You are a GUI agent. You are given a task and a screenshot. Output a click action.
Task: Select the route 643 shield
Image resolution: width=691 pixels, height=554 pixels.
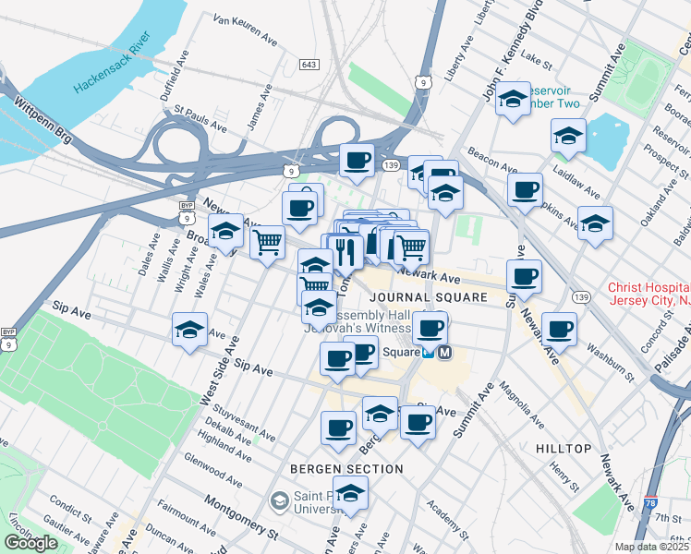[309, 65]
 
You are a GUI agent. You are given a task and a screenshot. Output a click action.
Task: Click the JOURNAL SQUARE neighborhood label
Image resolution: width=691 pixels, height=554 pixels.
[428, 297]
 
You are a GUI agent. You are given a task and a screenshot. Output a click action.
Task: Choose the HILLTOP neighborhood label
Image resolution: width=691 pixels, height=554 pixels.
[563, 449]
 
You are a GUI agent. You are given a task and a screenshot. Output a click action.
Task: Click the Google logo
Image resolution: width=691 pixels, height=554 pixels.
[30, 543]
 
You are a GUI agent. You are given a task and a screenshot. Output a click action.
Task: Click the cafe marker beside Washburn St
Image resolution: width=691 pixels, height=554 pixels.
[559, 329]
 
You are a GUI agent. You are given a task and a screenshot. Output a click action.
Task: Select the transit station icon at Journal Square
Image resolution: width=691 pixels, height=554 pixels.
[446, 353]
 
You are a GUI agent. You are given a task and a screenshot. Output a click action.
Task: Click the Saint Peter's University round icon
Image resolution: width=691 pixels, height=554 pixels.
[279, 501]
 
